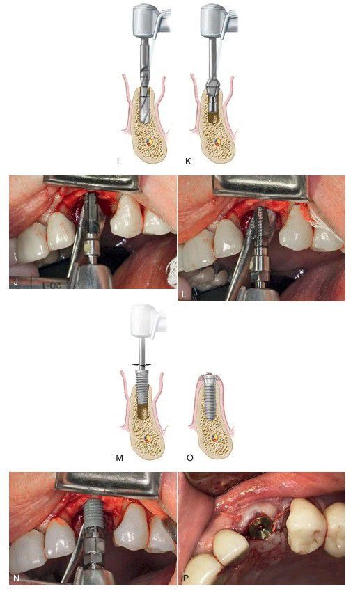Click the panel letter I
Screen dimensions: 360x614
click(118, 161)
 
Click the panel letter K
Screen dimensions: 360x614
click(188, 161)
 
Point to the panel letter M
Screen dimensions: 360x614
click(120, 457)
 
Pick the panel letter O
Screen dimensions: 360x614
click(190, 457)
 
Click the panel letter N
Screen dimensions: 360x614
click(16, 578)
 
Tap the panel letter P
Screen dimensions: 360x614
click(185, 578)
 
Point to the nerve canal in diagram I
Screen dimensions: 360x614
click(148, 142)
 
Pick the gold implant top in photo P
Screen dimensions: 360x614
click(261, 526)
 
